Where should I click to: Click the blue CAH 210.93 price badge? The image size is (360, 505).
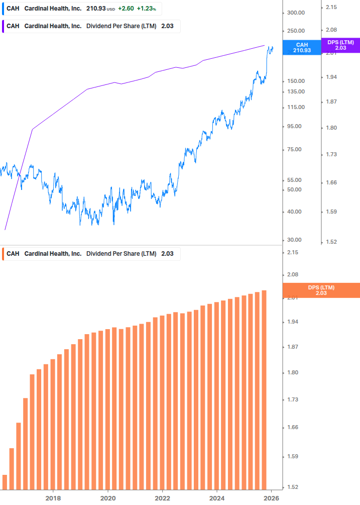(303, 47)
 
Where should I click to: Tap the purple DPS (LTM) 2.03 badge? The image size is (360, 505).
(340, 45)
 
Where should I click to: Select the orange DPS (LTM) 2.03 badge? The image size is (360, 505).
(321, 290)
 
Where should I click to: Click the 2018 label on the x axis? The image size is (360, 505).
(53, 498)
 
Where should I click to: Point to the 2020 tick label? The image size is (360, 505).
(108, 498)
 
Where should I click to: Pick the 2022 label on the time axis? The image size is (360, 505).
(162, 498)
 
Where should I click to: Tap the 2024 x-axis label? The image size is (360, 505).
(217, 498)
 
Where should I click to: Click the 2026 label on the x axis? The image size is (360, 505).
(271, 498)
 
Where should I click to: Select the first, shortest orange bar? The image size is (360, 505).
(5, 482)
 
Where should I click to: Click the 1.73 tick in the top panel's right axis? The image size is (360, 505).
(332, 154)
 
